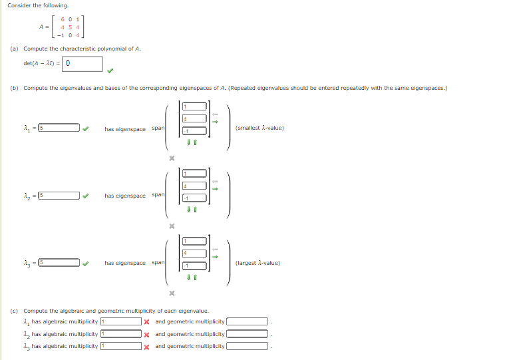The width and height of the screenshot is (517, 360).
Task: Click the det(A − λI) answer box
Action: point(83,64)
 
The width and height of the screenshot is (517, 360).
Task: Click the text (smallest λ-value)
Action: point(259,128)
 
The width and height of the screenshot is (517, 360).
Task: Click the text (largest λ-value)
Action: point(258,263)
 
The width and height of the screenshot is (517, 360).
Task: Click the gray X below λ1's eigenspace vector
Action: point(171,158)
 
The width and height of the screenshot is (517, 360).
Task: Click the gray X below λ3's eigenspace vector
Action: point(171,293)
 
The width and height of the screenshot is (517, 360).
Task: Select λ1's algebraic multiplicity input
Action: point(121,322)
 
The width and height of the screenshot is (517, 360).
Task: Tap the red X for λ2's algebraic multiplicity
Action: point(147,334)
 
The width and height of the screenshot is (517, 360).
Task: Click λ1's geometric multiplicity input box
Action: point(247,322)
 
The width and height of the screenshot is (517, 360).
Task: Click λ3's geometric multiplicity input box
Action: point(247,346)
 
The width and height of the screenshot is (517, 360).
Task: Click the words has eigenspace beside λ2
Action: point(124,196)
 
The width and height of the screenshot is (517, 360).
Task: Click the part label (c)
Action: point(14,311)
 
